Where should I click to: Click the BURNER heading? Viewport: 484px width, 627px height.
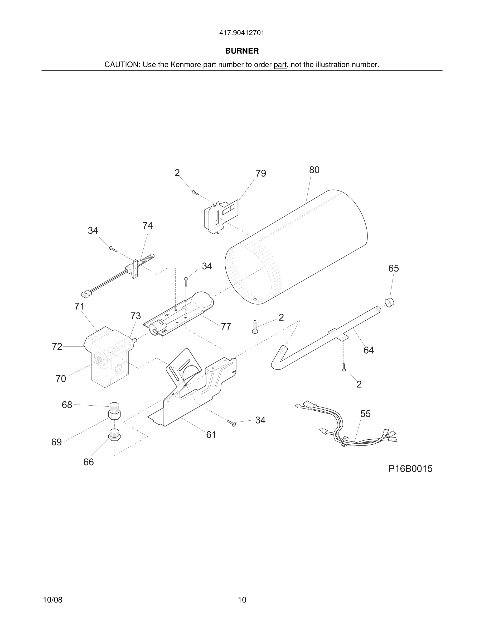pos(242,51)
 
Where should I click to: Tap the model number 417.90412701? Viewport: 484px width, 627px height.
pos(242,33)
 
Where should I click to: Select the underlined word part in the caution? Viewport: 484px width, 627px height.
pos(280,65)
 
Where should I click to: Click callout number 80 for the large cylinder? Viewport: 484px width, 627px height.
pos(314,170)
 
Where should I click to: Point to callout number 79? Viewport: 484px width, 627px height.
pos(261,173)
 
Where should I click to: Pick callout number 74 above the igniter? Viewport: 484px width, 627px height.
pos(147,226)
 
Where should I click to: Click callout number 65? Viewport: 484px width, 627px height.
pos(393,268)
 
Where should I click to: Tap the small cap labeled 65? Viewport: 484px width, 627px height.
pos(389,302)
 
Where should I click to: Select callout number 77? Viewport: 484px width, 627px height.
pos(226,326)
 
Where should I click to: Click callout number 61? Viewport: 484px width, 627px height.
pos(211,435)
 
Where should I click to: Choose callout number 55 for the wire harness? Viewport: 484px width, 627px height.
pos(365,414)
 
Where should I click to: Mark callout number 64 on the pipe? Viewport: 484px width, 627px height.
pos(369,350)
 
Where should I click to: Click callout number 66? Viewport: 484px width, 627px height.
pos(88,462)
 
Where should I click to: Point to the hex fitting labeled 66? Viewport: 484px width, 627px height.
pos(114,435)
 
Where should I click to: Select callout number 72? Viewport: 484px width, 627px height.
pos(57,346)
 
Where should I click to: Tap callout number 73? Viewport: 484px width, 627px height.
pos(135,316)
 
